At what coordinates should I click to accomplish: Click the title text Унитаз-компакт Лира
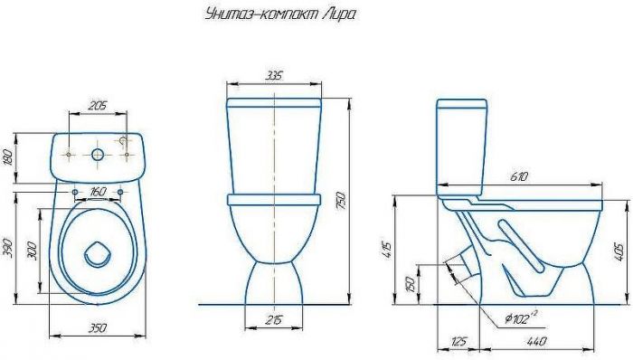(x=280, y=15)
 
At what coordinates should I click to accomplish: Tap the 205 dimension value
(x=98, y=106)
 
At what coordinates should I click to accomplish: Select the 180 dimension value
(x=7, y=157)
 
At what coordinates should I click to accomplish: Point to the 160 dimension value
(x=98, y=192)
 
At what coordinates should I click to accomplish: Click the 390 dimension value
(x=7, y=248)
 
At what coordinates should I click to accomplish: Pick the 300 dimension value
(x=33, y=251)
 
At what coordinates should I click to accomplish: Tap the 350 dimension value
(x=98, y=327)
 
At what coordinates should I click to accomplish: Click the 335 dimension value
(x=275, y=75)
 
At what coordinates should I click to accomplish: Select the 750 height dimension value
(x=341, y=201)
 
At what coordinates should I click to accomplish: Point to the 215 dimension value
(x=275, y=319)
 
